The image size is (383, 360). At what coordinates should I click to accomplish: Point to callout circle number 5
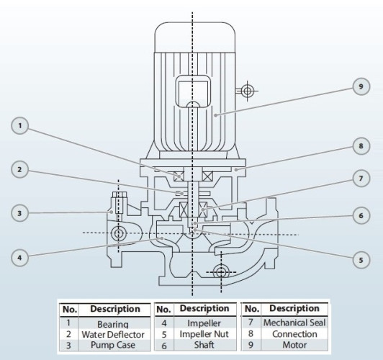tap(361, 258)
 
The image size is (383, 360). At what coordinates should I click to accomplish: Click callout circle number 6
tap(361, 215)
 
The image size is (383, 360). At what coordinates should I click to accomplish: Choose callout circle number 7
tap(361, 178)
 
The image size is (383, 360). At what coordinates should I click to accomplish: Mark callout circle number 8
tap(361, 145)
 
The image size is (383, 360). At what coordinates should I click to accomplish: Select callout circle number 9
tap(361, 86)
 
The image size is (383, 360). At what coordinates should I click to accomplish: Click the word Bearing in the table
tap(113, 324)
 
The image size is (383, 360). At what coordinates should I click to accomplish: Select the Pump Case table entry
tap(114, 344)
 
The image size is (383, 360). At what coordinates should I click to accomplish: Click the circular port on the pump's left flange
tap(117, 233)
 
